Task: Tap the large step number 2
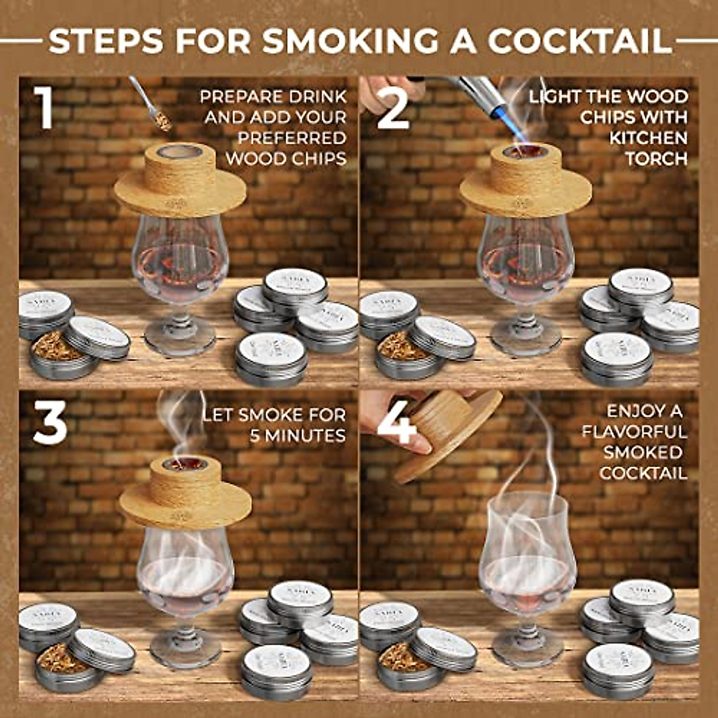393,108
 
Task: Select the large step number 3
49,421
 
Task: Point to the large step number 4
397,421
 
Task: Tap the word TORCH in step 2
656,159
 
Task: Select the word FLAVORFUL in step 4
634,431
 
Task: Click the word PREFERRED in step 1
292,138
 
